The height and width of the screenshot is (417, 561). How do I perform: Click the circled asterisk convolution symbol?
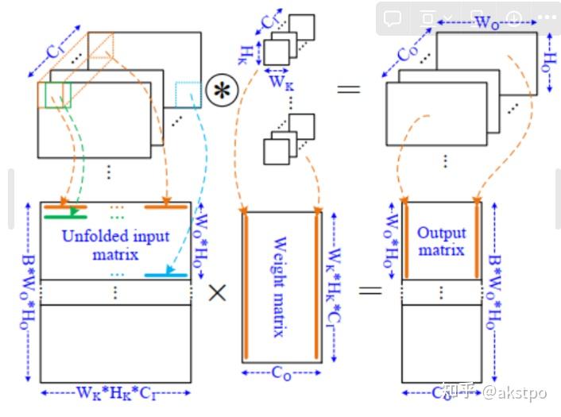tap(222, 90)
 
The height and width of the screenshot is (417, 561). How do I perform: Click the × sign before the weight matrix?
tap(217, 292)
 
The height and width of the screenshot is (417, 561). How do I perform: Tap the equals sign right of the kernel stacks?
tap(348, 87)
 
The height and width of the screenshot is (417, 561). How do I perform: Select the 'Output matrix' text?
tap(441, 242)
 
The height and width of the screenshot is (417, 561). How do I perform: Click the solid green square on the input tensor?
tap(54, 95)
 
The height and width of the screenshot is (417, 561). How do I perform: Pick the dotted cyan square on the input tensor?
tap(187, 95)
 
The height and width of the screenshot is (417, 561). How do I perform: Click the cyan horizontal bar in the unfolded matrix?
tap(166, 275)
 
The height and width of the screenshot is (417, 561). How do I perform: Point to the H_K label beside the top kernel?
tap(246, 52)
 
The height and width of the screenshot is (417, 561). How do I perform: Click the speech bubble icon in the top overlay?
tap(392, 17)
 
